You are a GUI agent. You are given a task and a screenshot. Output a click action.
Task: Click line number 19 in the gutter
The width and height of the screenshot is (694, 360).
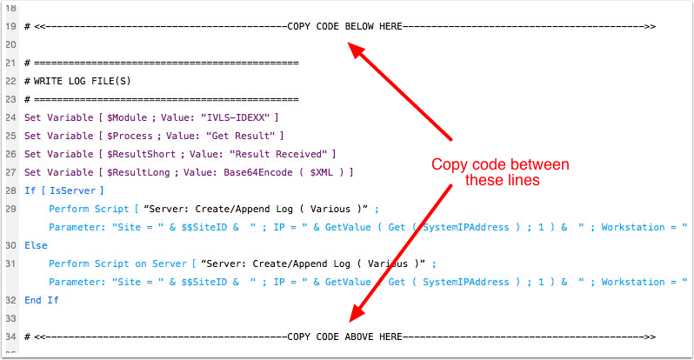tap(10, 27)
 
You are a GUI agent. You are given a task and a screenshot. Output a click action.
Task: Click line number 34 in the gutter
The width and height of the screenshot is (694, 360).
tap(10, 336)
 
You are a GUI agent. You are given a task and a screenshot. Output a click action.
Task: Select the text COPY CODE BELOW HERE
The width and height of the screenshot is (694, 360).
tap(344, 27)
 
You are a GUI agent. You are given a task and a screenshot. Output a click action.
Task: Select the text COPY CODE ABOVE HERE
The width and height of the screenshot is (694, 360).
tap(344, 336)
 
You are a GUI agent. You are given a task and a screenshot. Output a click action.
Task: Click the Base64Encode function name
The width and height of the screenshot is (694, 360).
tap(255, 172)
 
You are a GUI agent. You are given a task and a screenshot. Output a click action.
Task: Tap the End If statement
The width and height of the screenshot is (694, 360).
tap(41, 300)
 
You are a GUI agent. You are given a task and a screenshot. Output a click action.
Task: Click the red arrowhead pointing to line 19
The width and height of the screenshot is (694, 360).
tap(357, 49)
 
